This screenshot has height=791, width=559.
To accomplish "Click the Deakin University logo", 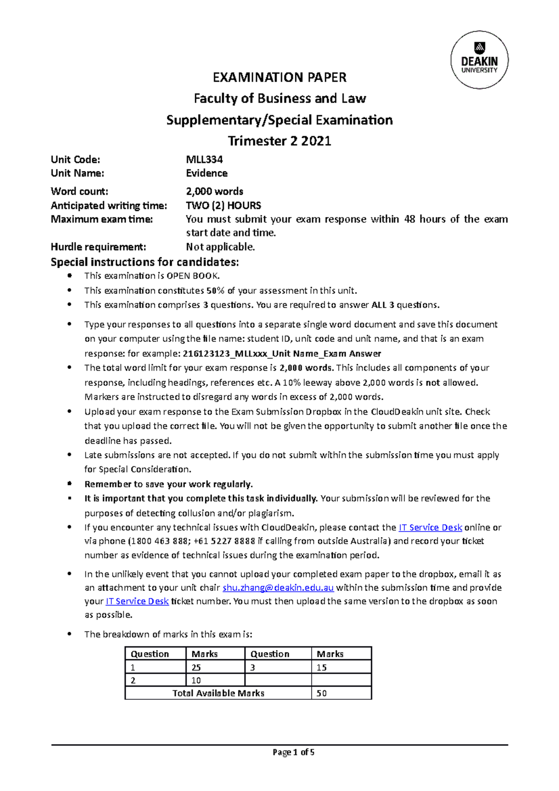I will (479, 60).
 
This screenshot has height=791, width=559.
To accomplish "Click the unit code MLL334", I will (204, 159).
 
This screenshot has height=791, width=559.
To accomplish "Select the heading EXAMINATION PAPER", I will (279, 77).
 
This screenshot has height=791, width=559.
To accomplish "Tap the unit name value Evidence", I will (206, 173).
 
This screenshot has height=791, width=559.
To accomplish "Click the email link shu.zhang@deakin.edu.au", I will (278, 587).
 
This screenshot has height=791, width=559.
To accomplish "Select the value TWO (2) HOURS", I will (223, 205).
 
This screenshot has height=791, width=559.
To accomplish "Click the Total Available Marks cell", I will (218, 693).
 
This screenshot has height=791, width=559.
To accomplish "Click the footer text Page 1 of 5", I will (293, 752).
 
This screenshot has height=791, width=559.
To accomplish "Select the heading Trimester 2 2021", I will (279, 141).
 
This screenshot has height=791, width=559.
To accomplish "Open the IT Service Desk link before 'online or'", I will (430, 527).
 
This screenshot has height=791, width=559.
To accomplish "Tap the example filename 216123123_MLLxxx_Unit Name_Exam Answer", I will (282, 354).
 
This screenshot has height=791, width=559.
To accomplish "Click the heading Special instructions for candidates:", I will (144, 262).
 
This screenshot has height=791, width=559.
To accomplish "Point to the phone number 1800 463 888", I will (158, 541).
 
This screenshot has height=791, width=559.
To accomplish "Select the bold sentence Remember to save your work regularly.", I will (168, 484).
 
